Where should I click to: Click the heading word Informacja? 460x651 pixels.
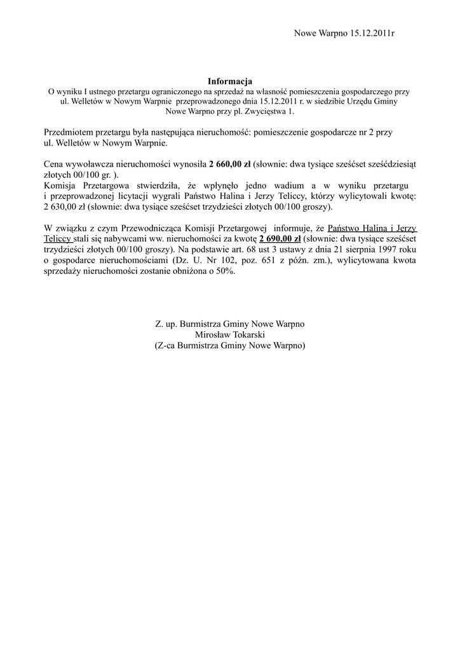(x=230, y=81)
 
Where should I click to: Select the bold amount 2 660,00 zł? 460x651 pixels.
(x=229, y=164)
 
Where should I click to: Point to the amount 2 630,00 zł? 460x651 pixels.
(x=64, y=207)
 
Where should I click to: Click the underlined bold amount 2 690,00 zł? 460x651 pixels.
(x=280, y=239)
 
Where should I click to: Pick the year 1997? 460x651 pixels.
(x=386, y=249)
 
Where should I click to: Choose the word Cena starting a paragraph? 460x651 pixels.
(x=53, y=164)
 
